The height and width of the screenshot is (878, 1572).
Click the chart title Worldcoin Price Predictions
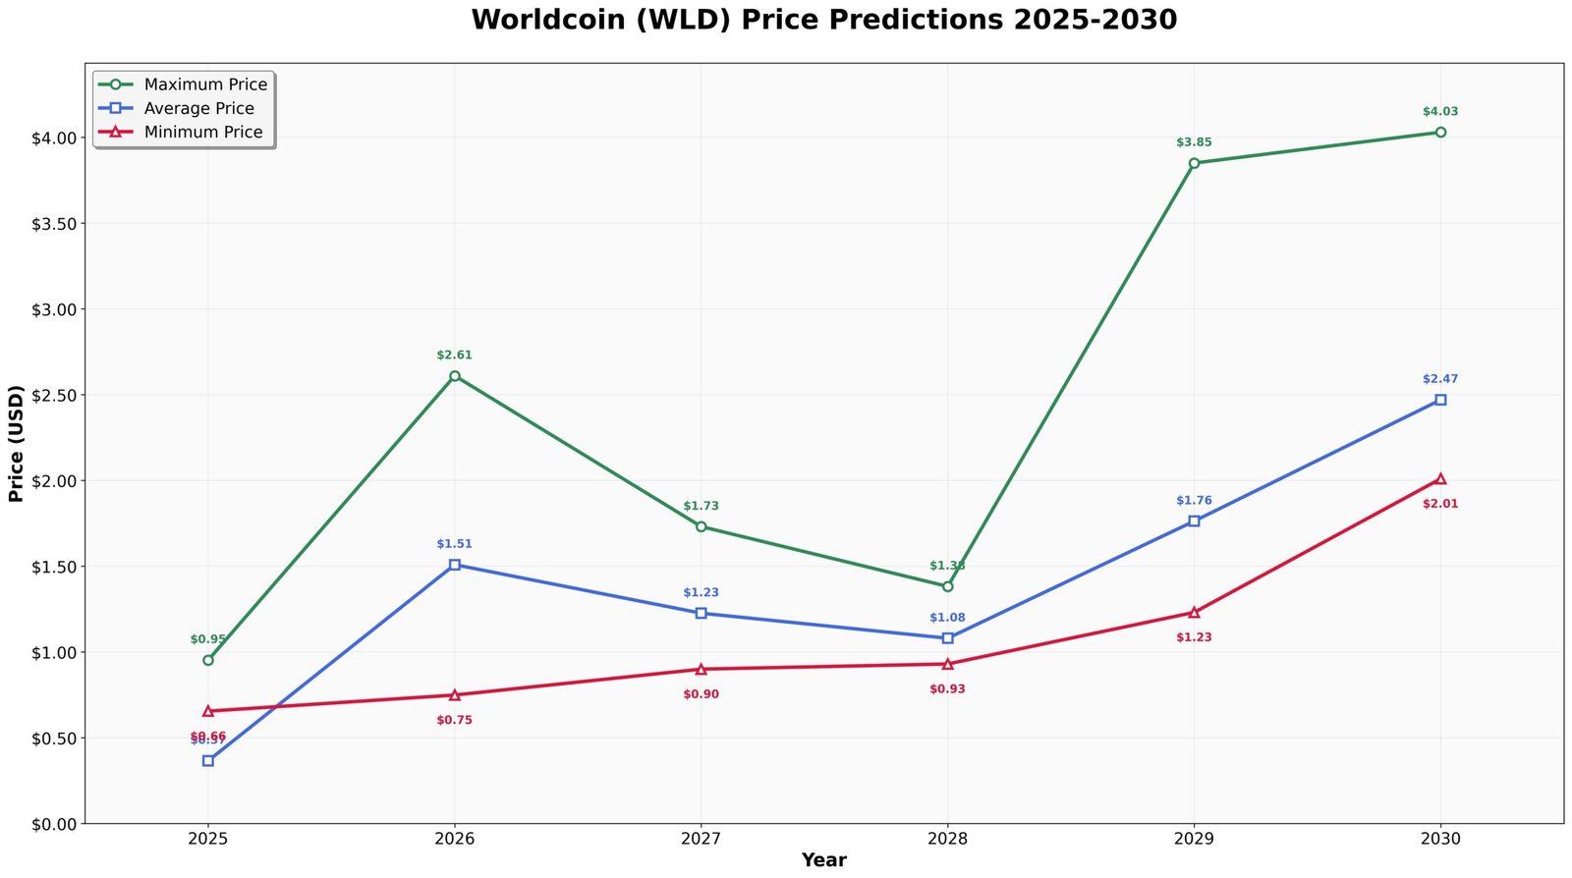[823, 20]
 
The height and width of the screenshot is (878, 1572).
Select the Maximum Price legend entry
[204, 84]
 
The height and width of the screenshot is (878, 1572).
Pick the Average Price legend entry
[198, 108]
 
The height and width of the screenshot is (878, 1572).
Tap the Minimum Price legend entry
[202, 132]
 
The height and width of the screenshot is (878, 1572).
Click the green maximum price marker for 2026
[454, 376]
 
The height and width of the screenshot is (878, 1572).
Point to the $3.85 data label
[1194, 142]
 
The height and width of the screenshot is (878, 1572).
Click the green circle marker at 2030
[1440, 132]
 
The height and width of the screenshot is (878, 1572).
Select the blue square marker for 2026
[454, 565]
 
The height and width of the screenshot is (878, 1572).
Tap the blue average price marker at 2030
[1440, 400]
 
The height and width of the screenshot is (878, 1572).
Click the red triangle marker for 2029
[1194, 612]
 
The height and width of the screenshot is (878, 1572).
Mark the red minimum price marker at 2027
[701, 669]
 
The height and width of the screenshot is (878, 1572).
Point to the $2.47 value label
[1440, 379]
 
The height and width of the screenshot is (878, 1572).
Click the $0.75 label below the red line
[454, 720]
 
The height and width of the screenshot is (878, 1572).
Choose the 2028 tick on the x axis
[947, 840]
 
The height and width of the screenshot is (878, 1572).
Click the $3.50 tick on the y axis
[54, 224]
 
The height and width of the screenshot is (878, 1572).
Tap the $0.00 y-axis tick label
[54, 824]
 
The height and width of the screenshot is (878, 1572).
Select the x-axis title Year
[823, 860]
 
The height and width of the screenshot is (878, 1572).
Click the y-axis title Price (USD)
[16, 444]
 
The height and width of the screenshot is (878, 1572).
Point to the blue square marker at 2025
[208, 760]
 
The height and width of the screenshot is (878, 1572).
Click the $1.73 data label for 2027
[701, 506]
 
